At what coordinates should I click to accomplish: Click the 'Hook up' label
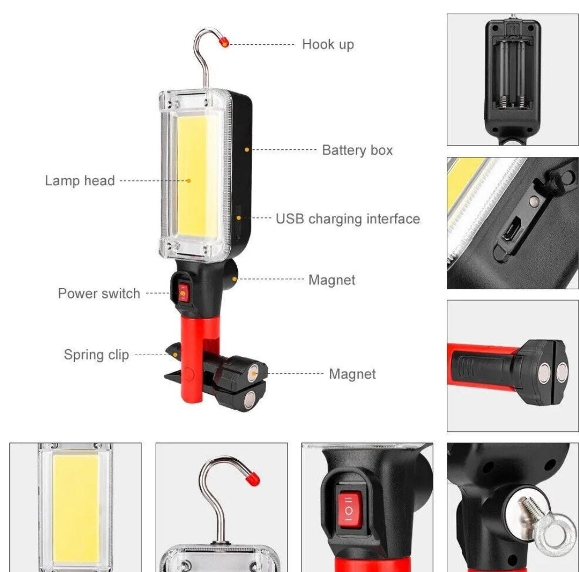(x=328, y=44)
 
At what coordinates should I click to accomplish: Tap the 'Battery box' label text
(x=357, y=150)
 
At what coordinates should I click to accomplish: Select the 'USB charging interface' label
(x=347, y=219)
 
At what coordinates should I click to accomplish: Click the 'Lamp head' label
(x=79, y=181)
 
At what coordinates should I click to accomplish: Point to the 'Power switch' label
(x=98, y=294)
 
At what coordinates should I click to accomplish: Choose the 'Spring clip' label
(x=96, y=355)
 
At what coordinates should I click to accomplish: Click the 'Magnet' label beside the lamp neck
(x=331, y=280)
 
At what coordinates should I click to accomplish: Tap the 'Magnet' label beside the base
(x=352, y=374)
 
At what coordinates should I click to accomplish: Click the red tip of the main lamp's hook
(x=224, y=42)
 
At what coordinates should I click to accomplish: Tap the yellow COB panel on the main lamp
(x=192, y=180)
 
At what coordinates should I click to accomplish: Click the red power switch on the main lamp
(x=183, y=293)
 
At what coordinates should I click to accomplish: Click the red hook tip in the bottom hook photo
(x=252, y=479)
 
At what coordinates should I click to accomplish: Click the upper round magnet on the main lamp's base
(x=254, y=374)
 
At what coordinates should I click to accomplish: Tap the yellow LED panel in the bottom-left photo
(x=76, y=509)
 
